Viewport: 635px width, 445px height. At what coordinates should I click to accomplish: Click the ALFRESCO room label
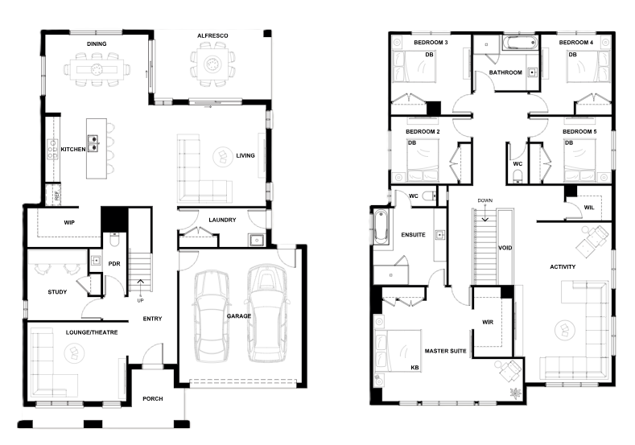pyautogui.click(x=212, y=35)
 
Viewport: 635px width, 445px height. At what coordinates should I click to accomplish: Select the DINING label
pyautogui.click(x=97, y=43)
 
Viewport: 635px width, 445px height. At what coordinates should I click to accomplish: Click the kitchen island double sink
pyautogui.click(x=93, y=143)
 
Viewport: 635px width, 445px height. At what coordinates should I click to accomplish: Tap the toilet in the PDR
pyautogui.click(x=114, y=240)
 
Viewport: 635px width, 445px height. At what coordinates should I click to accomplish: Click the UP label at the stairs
pyautogui.click(x=140, y=300)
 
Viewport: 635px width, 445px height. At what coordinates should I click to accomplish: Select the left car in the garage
pyautogui.click(x=212, y=316)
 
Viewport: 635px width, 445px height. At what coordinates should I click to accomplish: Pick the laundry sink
pyautogui.click(x=257, y=240)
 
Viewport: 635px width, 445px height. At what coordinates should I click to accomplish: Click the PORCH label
pyautogui.click(x=153, y=399)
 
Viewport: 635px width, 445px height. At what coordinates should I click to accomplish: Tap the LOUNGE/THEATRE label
pyautogui.click(x=92, y=332)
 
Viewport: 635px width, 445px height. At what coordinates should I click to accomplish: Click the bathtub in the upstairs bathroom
pyautogui.click(x=521, y=43)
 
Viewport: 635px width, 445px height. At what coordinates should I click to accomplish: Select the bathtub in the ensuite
pyautogui.click(x=381, y=227)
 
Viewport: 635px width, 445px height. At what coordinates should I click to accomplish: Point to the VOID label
pyautogui.click(x=505, y=248)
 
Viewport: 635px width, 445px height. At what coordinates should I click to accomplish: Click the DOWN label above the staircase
pyautogui.click(x=484, y=200)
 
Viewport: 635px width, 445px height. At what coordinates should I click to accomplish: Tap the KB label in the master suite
pyautogui.click(x=414, y=368)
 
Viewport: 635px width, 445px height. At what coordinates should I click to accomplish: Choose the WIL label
pyautogui.click(x=589, y=208)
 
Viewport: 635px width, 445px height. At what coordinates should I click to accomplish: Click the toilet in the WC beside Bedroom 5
pyautogui.click(x=517, y=176)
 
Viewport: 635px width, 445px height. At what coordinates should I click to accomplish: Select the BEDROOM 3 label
pyautogui.click(x=431, y=43)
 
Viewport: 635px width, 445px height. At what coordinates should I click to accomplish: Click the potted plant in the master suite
pyautogui.click(x=516, y=393)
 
